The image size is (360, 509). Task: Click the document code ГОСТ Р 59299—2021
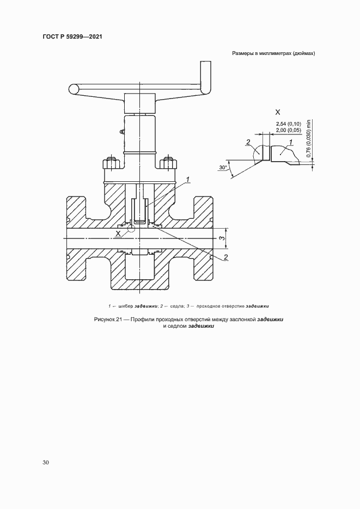click(x=72, y=36)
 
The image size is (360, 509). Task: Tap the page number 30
click(x=46, y=462)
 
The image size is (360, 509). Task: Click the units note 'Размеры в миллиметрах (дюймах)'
click(x=273, y=53)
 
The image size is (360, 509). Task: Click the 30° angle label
click(x=223, y=168)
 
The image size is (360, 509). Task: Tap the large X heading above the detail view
click(x=278, y=112)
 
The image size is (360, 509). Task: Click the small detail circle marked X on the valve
click(x=131, y=228)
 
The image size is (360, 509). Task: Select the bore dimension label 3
click(x=221, y=238)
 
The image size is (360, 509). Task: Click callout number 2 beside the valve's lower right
click(x=226, y=257)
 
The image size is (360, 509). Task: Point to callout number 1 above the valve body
click(x=188, y=179)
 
